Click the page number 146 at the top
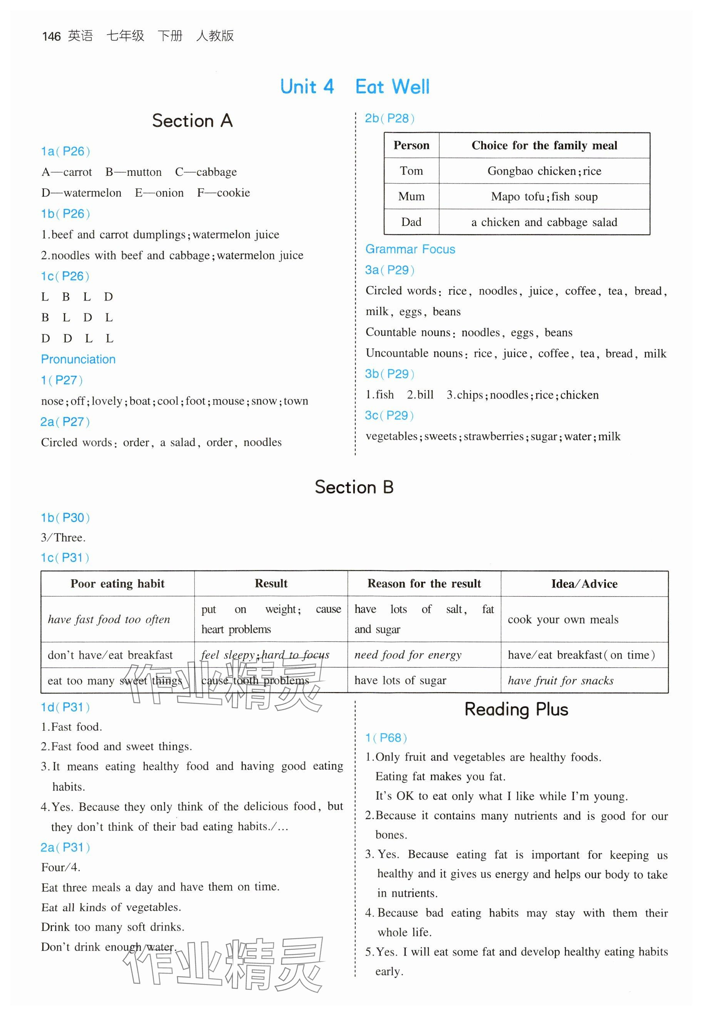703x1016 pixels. click(51, 36)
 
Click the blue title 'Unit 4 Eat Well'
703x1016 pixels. click(355, 87)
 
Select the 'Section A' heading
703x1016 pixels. click(192, 120)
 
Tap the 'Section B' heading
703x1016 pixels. click(354, 487)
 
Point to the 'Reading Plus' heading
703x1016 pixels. click(516, 710)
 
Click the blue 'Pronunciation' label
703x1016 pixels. click(78, 359)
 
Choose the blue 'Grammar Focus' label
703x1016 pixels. click(410, 249)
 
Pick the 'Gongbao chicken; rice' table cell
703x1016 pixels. click(544, 171)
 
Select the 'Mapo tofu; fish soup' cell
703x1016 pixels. click(544, 196)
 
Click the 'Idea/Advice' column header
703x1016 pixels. click(584, 584)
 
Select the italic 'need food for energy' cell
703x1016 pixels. click(408, 655)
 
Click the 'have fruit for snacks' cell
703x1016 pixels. click(560, 680)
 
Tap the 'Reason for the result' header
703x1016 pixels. click(424, 584)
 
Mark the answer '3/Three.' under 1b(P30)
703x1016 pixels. click(64, 538)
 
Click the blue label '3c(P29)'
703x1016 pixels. click(389, 415)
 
